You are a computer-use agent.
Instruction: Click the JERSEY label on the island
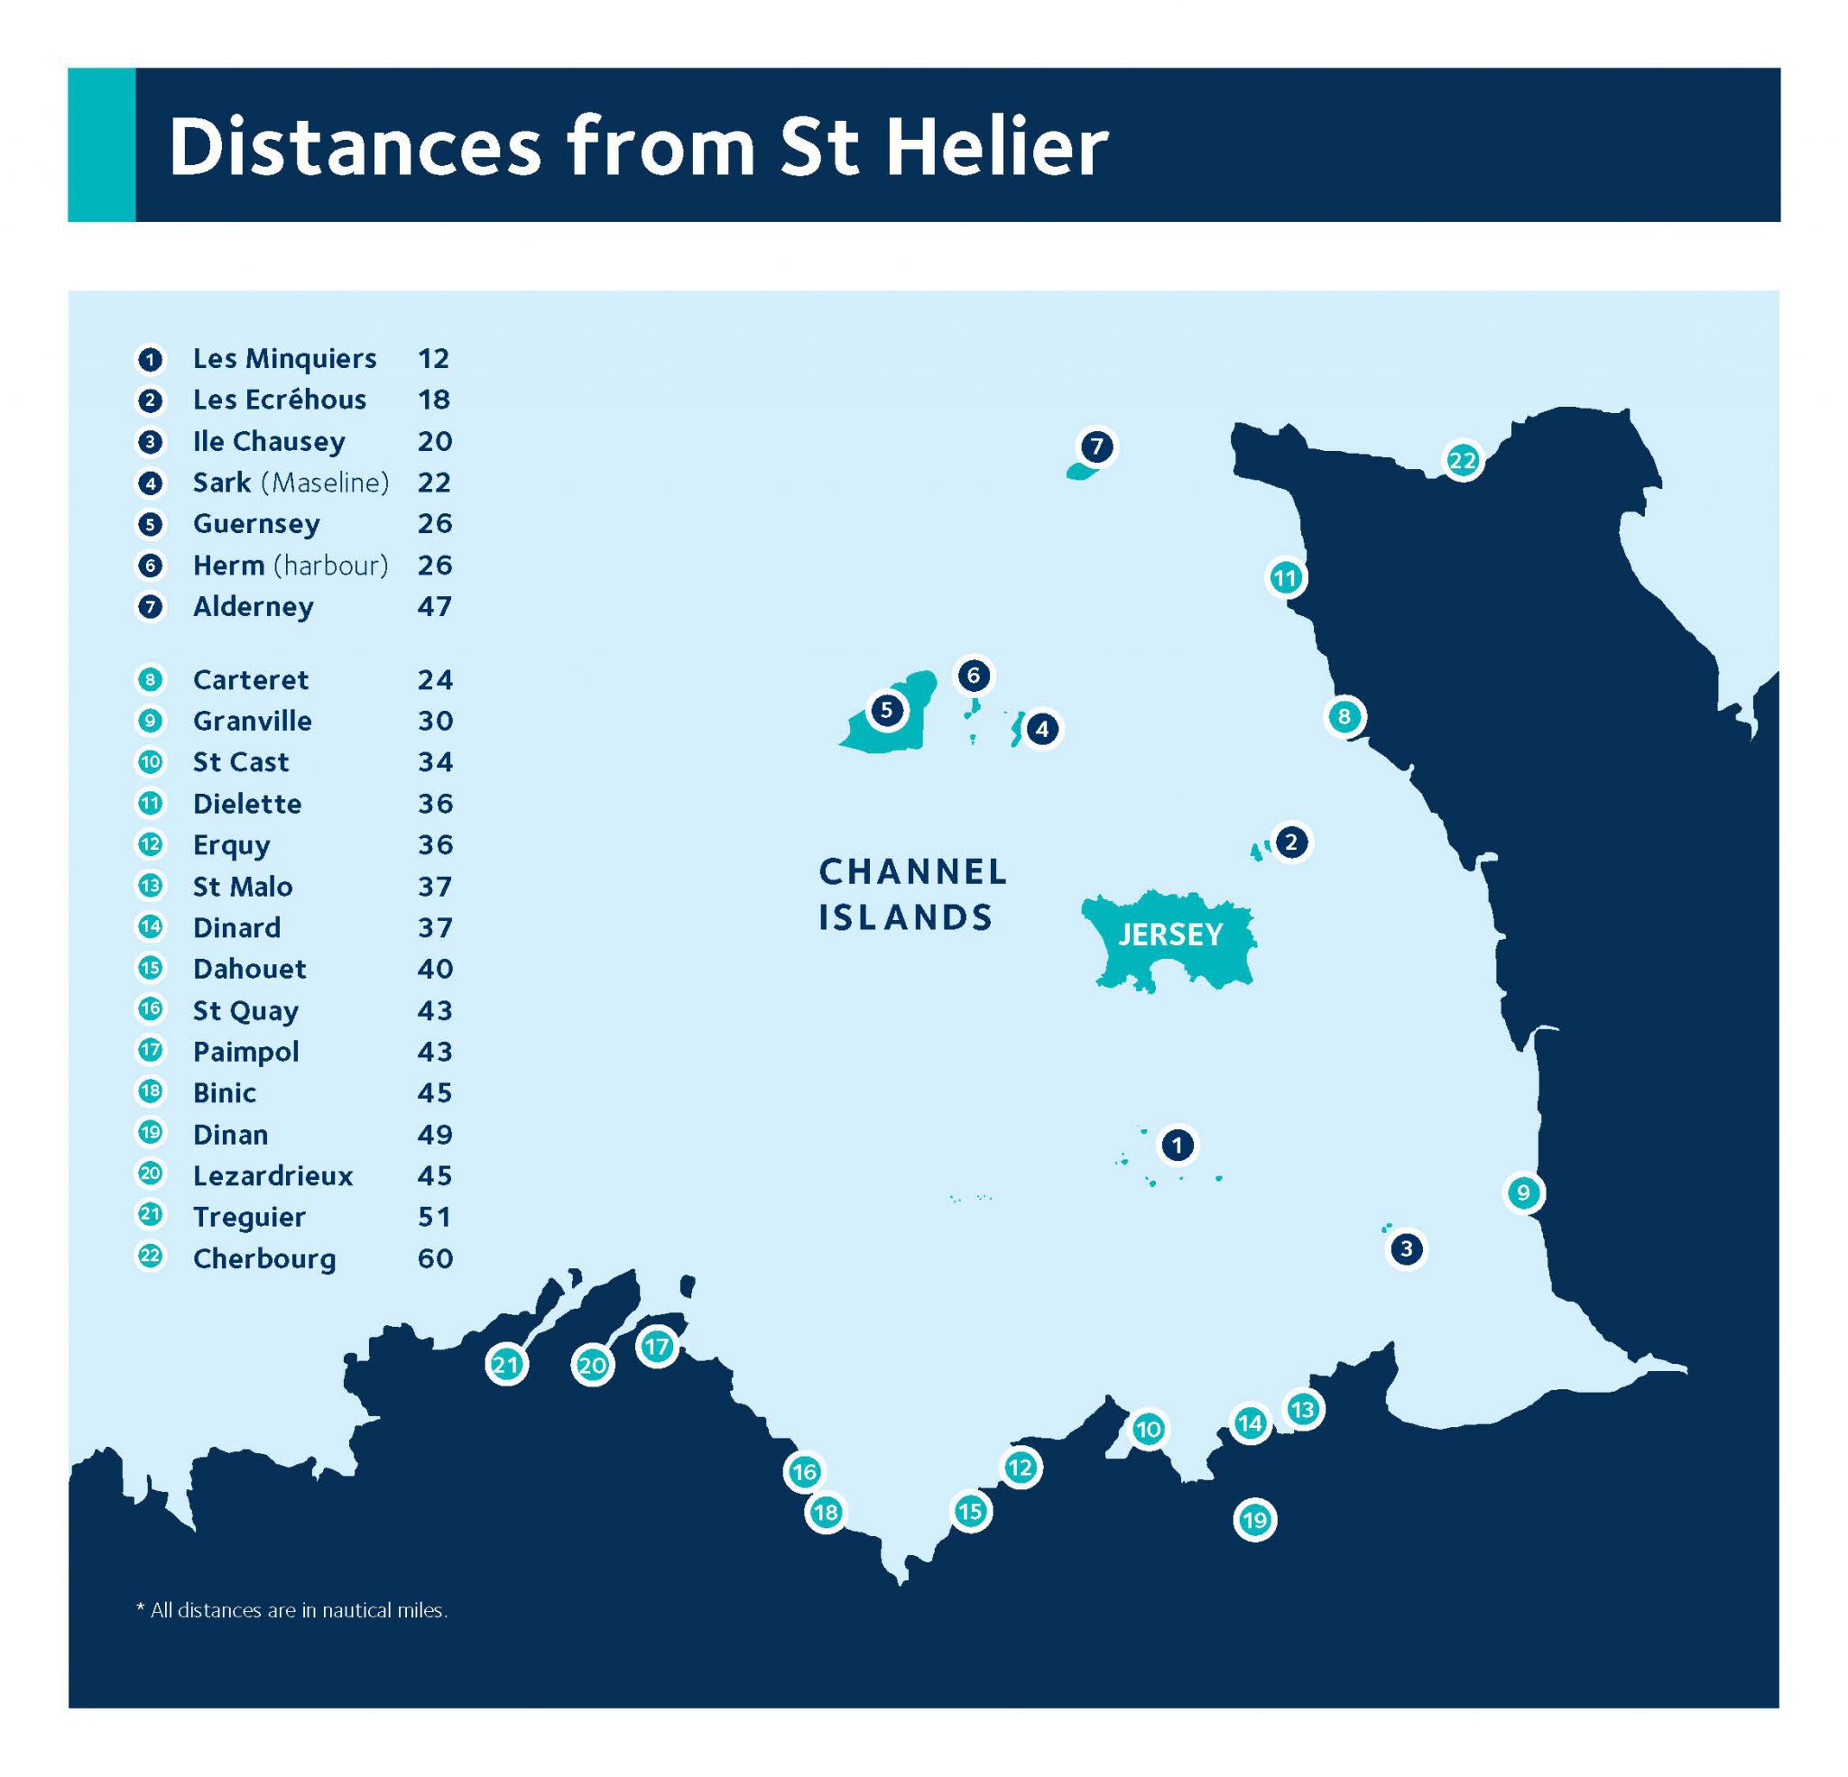click(1170, 935)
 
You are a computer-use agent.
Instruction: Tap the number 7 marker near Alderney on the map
click(1095, 447)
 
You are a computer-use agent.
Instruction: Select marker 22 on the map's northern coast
click(1462, 461)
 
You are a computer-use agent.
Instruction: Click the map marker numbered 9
click(1523, 1193)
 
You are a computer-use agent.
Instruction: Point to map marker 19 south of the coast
click(1254, 1520)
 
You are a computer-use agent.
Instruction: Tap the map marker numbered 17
click(656, 1346)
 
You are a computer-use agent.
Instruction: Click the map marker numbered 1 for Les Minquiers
click(1177, 1146)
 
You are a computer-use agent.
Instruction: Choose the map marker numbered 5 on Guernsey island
click(885, 710)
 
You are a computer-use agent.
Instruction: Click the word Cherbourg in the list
click(264, 1258)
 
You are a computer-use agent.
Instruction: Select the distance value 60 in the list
click(435, 1258)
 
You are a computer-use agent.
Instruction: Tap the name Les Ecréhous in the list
click(279, 400)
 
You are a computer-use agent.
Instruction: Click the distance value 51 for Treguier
click(435, 1217)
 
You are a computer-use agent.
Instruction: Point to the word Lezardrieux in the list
click(273, 1175)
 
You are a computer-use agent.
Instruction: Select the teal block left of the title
click(102, 144)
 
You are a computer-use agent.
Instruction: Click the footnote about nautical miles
click(292, 1610)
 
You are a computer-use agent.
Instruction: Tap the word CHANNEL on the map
click(912, 872)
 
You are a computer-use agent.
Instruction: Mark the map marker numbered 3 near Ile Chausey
click(1406, 1249)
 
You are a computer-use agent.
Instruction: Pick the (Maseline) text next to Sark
click(325, 483)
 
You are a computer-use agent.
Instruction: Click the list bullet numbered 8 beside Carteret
click(150, 680)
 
